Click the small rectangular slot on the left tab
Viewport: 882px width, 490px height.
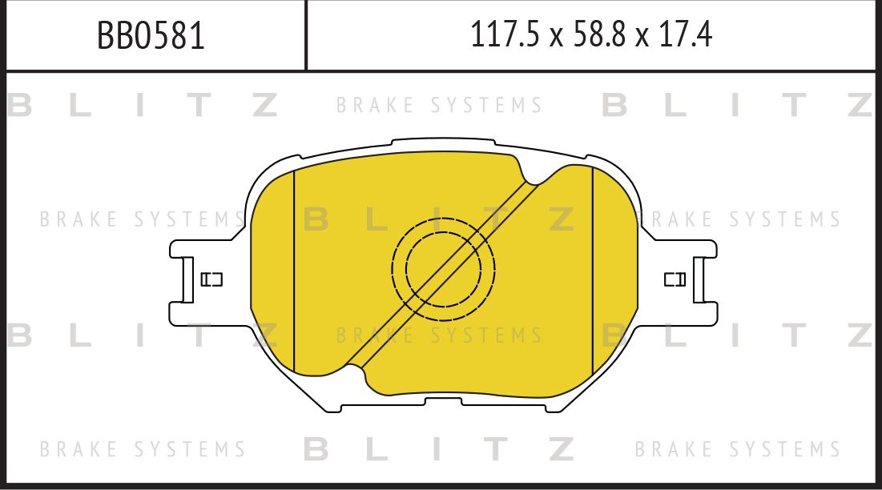[x=211, y=279]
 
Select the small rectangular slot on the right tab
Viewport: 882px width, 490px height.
[x=675, y=279]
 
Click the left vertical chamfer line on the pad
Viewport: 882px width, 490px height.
[x=294, y=272]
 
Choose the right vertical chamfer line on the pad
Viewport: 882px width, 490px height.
[x=592, y=272]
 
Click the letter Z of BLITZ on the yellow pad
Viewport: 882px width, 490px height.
[x=561, y=219]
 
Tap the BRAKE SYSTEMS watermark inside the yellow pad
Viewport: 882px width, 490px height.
[x=439, y=335]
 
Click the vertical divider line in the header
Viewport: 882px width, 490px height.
[x=306, y=35]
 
